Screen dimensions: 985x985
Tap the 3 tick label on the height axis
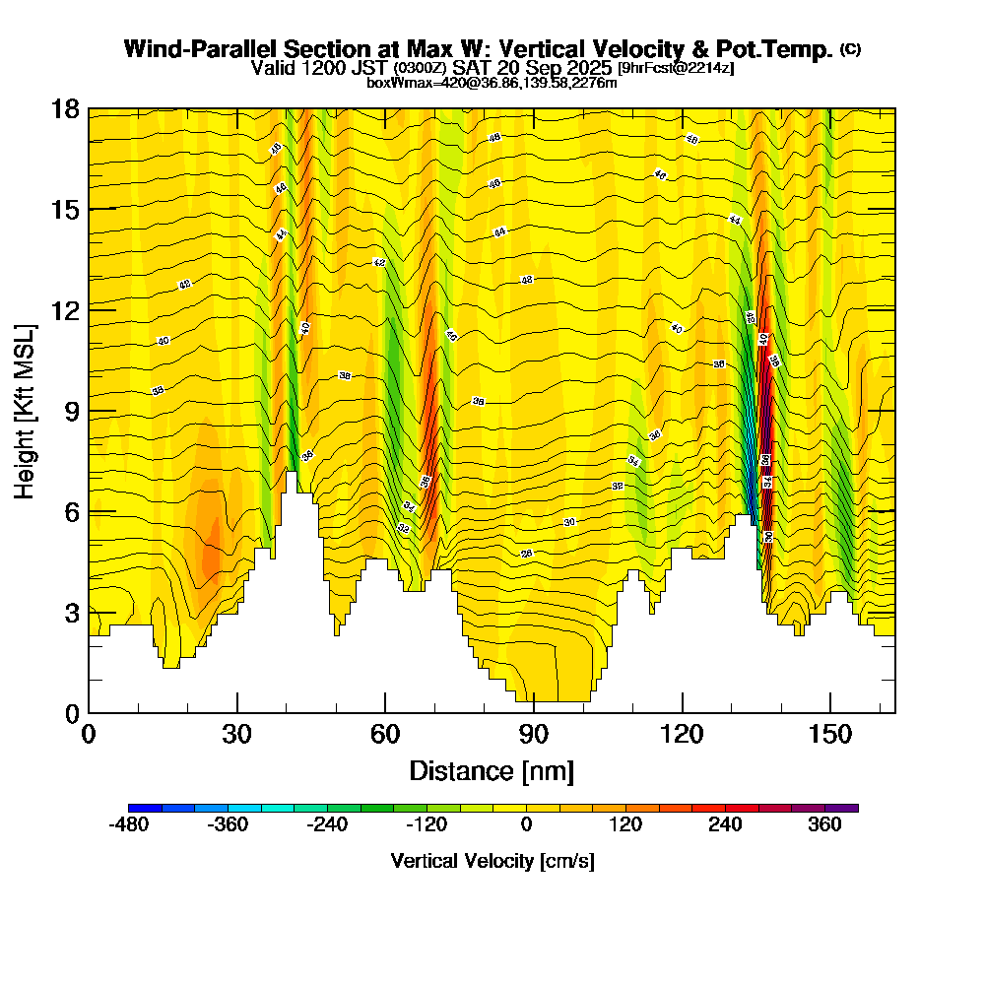coord(71,613)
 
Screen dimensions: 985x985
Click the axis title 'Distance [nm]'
coord(492,770)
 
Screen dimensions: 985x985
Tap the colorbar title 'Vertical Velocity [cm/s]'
coord(492,861)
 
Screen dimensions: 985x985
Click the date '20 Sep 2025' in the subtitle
coord(556,68)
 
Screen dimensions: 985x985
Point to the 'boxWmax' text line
coord(492,83)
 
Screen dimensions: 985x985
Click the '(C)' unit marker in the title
coord(850,48)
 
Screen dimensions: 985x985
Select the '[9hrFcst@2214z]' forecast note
coord(676,68)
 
